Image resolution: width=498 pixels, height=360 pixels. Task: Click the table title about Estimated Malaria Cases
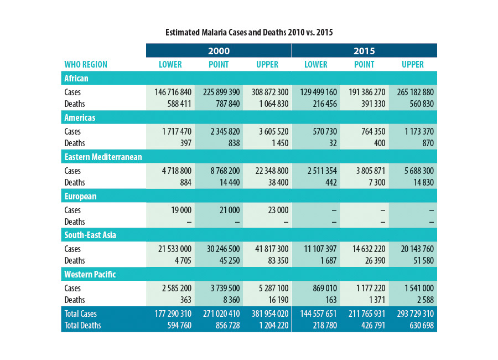[249, 33]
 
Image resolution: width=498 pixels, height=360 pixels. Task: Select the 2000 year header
[219, 51]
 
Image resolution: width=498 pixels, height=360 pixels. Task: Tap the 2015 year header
[364, 51]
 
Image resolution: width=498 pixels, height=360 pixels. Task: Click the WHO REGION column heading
[86, 65]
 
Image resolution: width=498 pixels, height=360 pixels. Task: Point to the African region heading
[76, 79]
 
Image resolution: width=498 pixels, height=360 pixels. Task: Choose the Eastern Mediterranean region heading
[103, 157]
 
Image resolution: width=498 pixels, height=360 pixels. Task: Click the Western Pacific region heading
[90, 274]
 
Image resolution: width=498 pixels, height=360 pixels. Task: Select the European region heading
[80, 196]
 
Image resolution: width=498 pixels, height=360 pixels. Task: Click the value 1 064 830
[269, 104]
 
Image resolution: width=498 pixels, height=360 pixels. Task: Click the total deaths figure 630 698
[418, 326]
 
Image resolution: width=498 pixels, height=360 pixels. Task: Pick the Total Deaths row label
[83, 326]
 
